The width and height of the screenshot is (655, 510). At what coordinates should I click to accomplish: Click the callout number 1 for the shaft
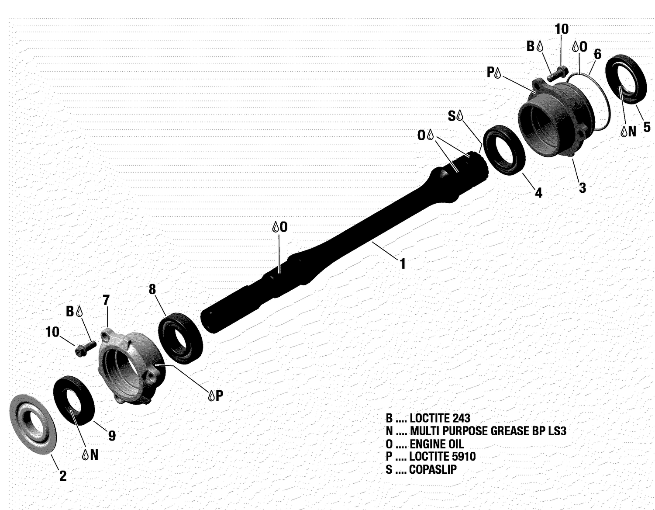coord(403,264)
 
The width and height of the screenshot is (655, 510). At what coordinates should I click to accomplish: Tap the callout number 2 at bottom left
coord(63,476)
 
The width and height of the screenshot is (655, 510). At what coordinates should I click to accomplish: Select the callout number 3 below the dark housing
coord(582,188)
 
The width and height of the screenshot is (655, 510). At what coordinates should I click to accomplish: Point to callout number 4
coord(538,193)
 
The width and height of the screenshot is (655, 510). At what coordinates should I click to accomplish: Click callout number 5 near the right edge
coord(647,127)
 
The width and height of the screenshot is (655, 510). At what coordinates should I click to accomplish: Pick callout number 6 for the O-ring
coord(597,54)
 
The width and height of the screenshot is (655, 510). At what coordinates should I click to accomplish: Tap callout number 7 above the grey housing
coord(106,300)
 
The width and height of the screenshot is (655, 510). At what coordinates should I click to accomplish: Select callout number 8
coord(152,289)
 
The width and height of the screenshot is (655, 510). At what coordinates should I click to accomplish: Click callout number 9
coord(112,436)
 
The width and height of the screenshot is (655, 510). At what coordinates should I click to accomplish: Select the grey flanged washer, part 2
coord(33,424)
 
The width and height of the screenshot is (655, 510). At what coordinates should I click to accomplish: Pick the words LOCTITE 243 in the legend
coord(440,418)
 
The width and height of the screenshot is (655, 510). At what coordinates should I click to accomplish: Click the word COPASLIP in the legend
coord(433,470)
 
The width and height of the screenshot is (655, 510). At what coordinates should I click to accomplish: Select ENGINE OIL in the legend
coord(437,444)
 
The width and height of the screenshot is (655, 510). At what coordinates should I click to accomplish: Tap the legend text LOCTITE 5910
coord(442,457)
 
